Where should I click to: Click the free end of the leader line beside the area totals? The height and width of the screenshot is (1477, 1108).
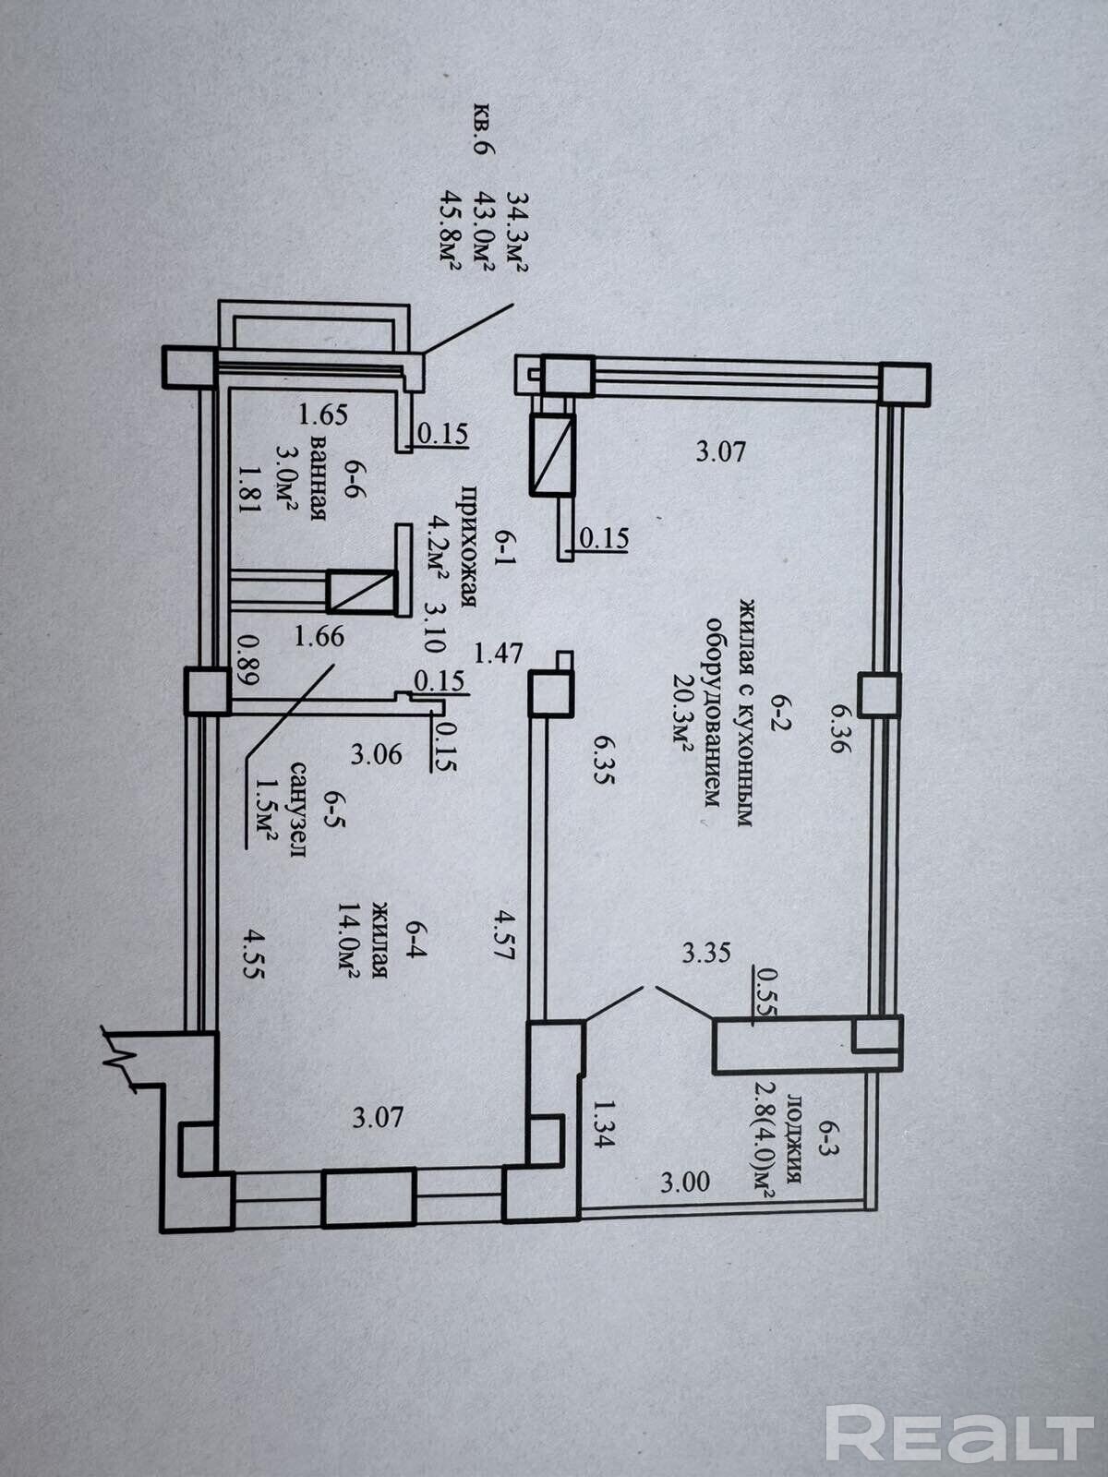pos(513,304)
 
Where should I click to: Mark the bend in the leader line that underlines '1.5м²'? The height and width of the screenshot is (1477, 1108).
pos(247,759)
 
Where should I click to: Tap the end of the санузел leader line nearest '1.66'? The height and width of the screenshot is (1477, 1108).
pos(333,665)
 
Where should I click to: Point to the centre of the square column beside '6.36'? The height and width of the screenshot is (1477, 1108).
pos(880,694)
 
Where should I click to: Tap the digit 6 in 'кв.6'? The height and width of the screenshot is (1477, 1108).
pos(482,148)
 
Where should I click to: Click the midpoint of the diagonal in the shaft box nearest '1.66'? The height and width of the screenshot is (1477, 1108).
pos(361,592)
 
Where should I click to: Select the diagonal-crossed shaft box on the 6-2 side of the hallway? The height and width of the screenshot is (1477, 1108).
pos(553,455)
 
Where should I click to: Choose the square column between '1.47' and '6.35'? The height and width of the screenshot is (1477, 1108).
pos(551,693)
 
